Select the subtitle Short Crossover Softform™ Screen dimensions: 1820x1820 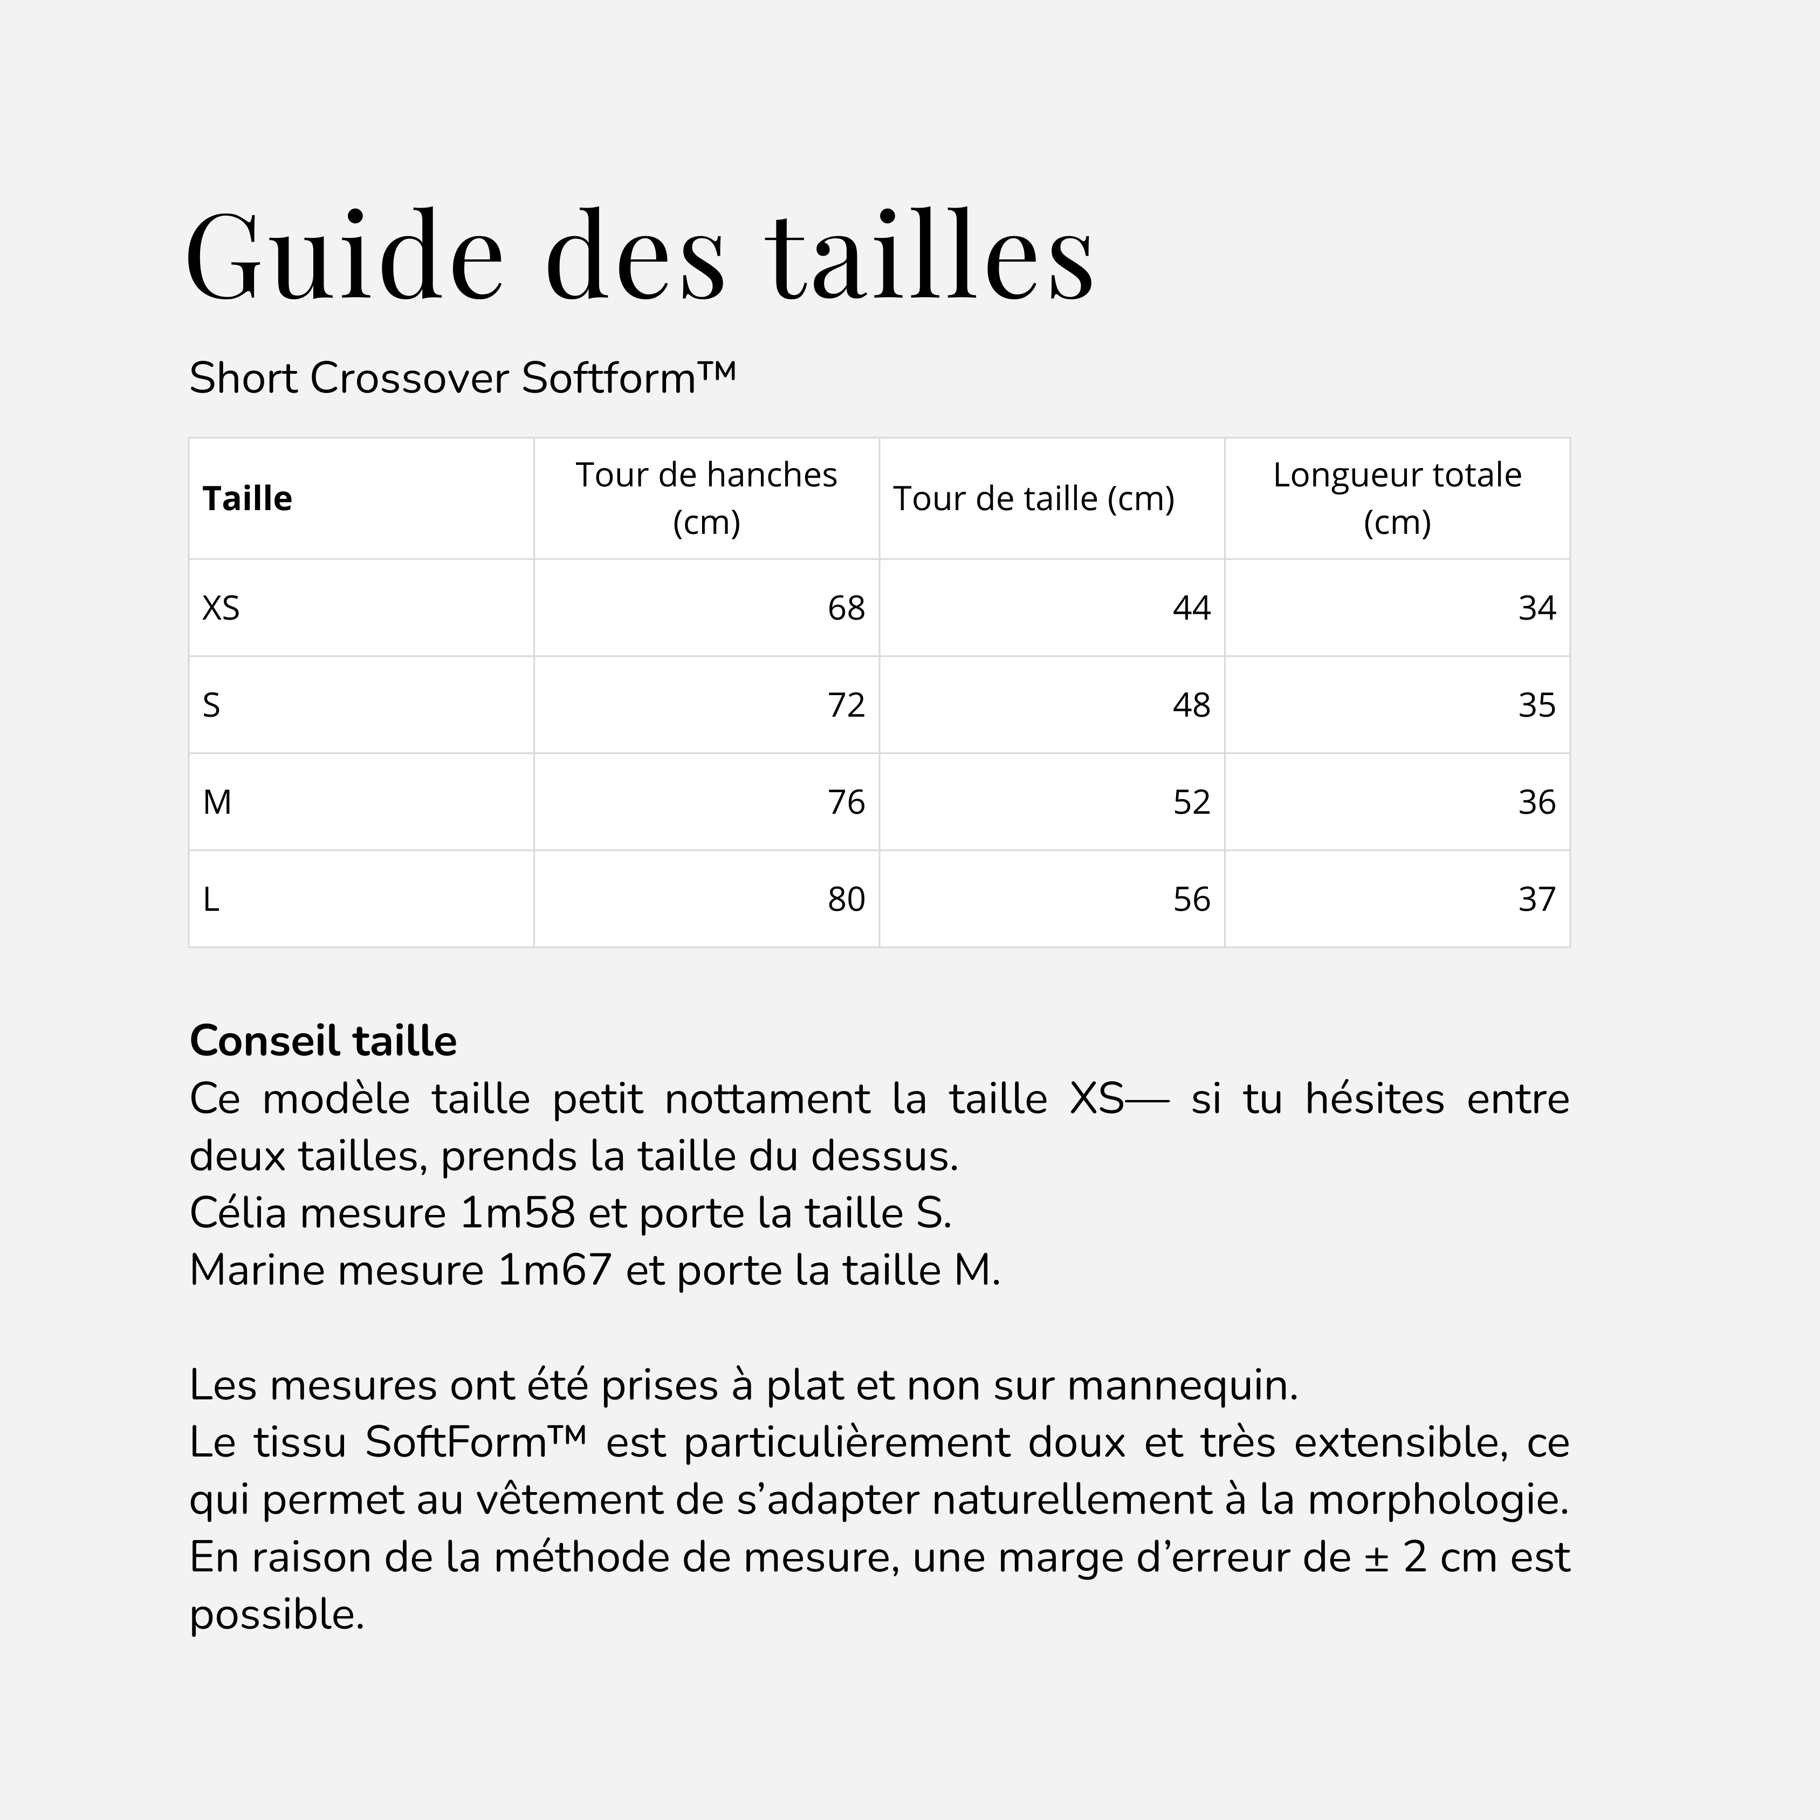(x=462, y=379)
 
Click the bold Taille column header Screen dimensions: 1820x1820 (x=248, y=498)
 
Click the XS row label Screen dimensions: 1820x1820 (x=222, y=608)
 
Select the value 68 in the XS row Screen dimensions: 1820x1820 (x=846, y=608)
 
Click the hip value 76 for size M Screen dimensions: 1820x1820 (x=846, y=802)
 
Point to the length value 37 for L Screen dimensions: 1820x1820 (x=1536, y=899)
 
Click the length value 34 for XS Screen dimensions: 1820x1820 (x=1536, y=608)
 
